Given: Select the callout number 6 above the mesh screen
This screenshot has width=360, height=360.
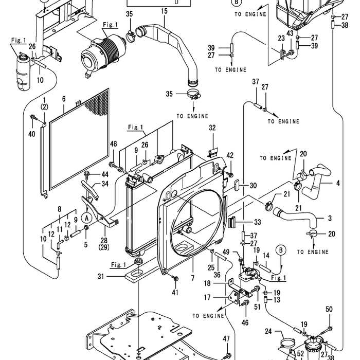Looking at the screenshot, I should [64, 99].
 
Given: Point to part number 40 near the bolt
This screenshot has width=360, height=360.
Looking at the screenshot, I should [32, 135].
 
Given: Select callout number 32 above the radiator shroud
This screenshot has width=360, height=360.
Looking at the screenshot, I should [212, 128].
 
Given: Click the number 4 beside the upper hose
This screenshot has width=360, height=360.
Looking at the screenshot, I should [338, 183].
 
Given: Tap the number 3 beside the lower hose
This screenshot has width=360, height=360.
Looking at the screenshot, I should [330, 218].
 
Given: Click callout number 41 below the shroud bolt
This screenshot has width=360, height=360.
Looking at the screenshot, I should [175, 293].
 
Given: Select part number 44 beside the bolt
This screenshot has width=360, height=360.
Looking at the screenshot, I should [105, 174].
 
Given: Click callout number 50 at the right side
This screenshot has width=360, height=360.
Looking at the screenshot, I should [329, 309].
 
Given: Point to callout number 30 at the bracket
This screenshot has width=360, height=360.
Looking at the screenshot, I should [253, 186].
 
